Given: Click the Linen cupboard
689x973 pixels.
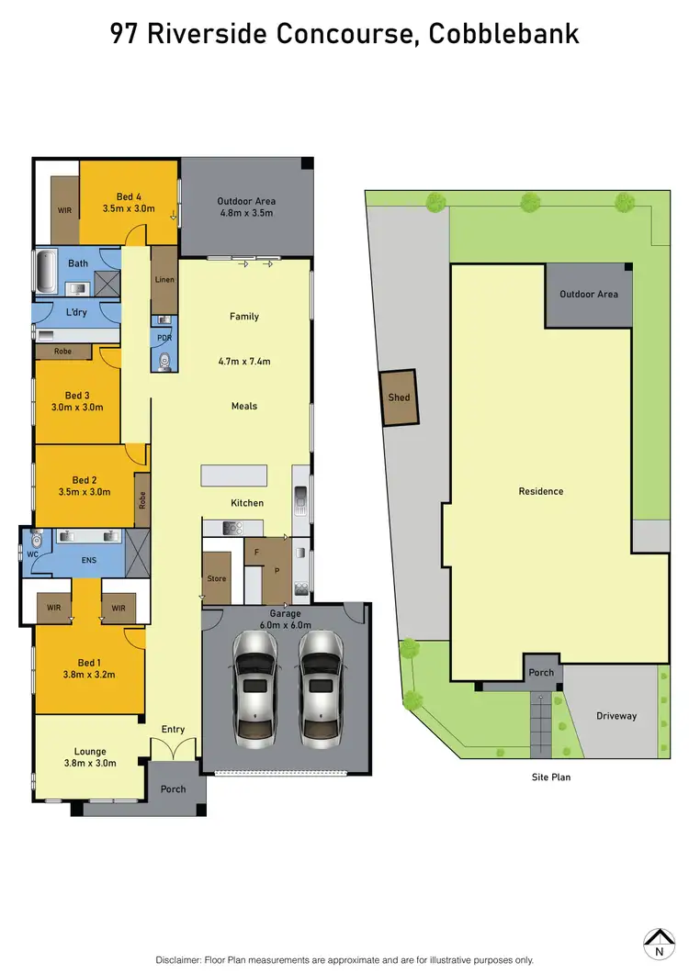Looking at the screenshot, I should pyautogui.click(x=164, y=279).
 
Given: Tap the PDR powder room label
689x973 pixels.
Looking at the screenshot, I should pyautogui.click(x=164, y=338).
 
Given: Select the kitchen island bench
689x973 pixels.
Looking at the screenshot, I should pyautogui.click(x=234, y=475).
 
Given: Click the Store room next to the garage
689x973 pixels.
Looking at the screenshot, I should pyautogui.click(x=217, y=577).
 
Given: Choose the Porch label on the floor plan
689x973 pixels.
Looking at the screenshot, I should pyautogui.click(x=173, y=788).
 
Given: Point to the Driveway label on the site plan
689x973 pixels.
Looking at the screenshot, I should pyautogui.click(x=616, y=716).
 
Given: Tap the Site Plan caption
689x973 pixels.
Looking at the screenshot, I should pyautogui.click(x=551, y=777).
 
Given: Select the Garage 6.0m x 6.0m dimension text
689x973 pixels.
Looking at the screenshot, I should pyautogui.click(x=286, y=619).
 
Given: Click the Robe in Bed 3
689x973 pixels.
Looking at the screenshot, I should pyautogui.click(x=63, y=351).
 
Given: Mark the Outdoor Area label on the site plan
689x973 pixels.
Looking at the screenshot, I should pyautogui.click(x=589, y=294).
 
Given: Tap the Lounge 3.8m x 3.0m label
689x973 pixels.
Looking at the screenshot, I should pyautogui.click(x=90, y=757).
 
